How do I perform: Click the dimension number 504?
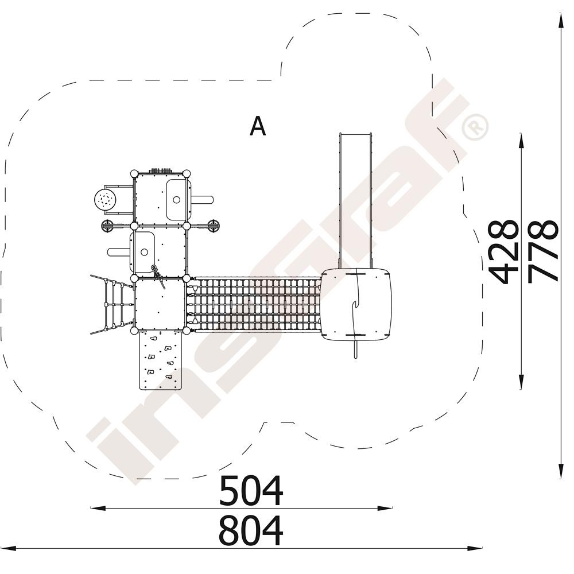click(x=251, y=490)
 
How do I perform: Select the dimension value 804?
click(x=251, y=531)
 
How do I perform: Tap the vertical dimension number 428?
click(x=504, y=252)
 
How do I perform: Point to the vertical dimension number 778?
click(x=543, y=251)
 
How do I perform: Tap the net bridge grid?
click(x=255, y=304)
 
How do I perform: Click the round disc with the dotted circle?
click(x=106, y=200)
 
